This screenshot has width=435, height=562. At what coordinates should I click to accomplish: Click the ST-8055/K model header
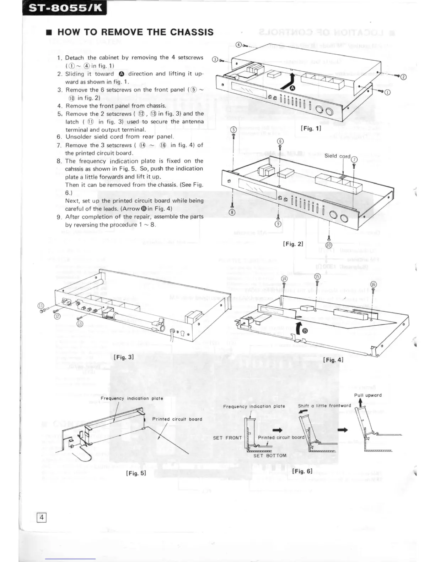click(64, 8)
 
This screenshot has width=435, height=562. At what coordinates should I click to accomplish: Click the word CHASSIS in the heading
click(192, 32)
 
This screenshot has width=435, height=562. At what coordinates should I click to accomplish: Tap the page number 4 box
click(42, 517)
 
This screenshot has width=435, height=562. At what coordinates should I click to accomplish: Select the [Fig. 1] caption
click(311, 128)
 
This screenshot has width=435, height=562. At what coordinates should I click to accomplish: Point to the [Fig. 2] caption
click(293, 244)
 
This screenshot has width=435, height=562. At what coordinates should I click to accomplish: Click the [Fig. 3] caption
click(124, 357)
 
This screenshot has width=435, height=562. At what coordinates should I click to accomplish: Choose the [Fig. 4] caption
click(333, 360)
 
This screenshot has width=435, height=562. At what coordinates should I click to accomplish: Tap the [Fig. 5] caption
click(136, 473)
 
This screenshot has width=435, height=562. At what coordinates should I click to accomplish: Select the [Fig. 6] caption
click(302, 471)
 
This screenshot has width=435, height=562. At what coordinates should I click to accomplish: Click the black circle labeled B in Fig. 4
click(304, 331)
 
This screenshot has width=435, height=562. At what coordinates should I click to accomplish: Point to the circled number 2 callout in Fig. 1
click(403, 77)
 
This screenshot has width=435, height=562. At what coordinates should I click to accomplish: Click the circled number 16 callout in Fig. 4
click(373, 284)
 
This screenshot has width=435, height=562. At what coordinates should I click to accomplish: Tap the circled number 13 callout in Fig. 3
click(80, 324)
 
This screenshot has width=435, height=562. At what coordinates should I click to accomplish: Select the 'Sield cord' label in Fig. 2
click(337, 156)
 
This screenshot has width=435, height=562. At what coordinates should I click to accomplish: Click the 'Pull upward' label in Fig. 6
click(368, 395)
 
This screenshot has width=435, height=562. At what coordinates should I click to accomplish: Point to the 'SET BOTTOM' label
click(270, 456)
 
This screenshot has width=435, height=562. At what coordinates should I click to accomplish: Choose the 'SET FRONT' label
click(227, 438)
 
